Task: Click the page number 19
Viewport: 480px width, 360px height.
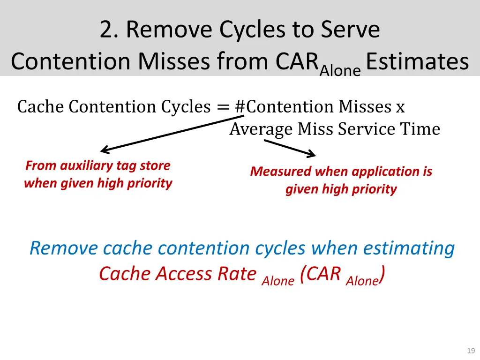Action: pos(471,351)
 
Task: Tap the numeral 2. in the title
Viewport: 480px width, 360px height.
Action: pos(109,30)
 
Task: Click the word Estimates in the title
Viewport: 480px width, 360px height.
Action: pos(417,61)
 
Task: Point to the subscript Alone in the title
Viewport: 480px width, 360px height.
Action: pos(340,70)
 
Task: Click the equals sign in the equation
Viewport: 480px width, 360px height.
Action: pos(223,107)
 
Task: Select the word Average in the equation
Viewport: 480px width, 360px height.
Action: pos(260,129)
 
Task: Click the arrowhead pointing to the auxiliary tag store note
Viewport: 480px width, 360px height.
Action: pos(104,150)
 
